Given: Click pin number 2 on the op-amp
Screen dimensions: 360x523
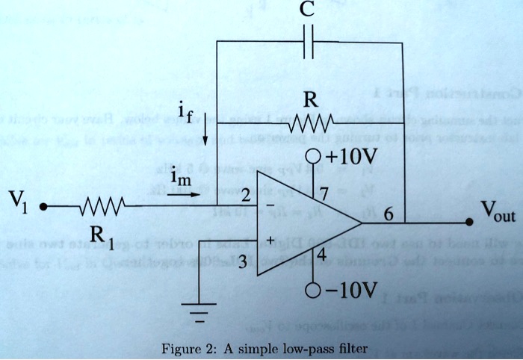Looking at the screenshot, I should point(245,196).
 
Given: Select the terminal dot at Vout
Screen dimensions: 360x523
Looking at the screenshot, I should point(469,223).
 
